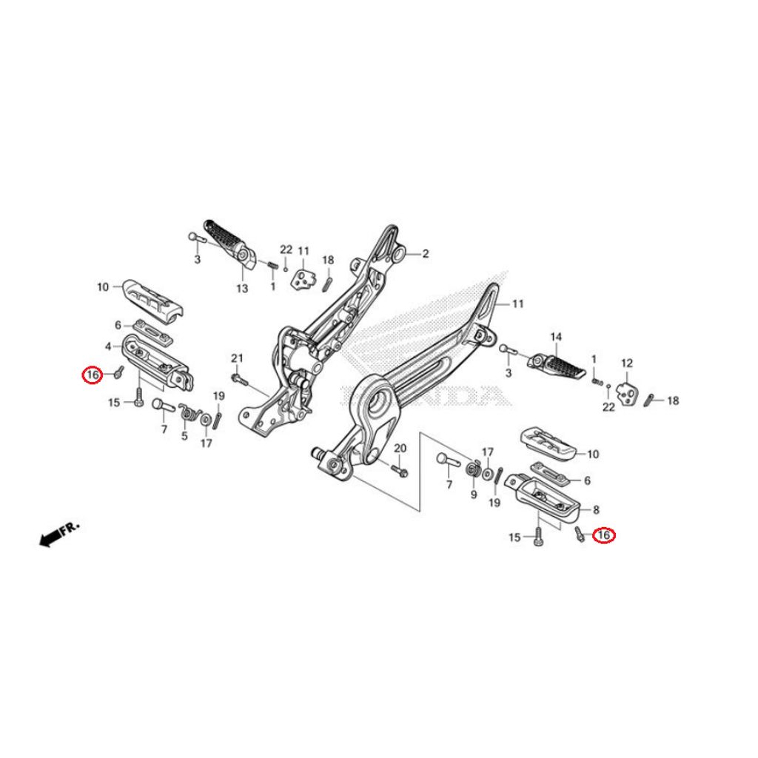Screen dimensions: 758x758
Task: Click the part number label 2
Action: click(x=426, y=254)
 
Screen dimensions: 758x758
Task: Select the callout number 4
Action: click(x=108, y=346)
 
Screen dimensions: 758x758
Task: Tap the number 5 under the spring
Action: click(x=184, y=436)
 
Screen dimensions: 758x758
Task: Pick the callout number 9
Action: click(x=473, y=493)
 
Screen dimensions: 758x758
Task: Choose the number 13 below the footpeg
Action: click(x=242, y=288)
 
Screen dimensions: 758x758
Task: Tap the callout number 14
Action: click(x=556, y=337)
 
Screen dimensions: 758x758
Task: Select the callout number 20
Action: click(x=400, y=449)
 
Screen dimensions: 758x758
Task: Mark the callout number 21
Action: click(x=237, y=358)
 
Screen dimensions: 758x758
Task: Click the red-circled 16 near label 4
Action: click(x=93, y=376)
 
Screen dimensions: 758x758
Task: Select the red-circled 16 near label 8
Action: click(x=604, y=534)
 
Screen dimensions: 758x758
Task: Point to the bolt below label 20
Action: click(x=400, y=470)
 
